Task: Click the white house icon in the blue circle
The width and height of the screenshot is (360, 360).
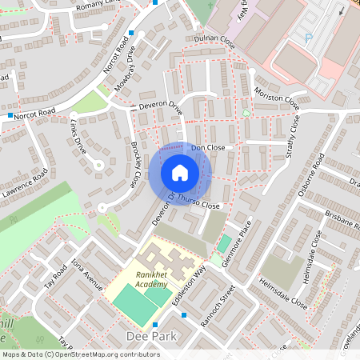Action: [180, 172]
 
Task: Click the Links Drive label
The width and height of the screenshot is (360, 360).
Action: [78, 138]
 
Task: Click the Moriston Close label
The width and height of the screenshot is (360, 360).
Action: [278, 99]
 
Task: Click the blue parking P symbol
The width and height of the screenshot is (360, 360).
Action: [309, 38]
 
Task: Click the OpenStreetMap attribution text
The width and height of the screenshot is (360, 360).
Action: [81, 354]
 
